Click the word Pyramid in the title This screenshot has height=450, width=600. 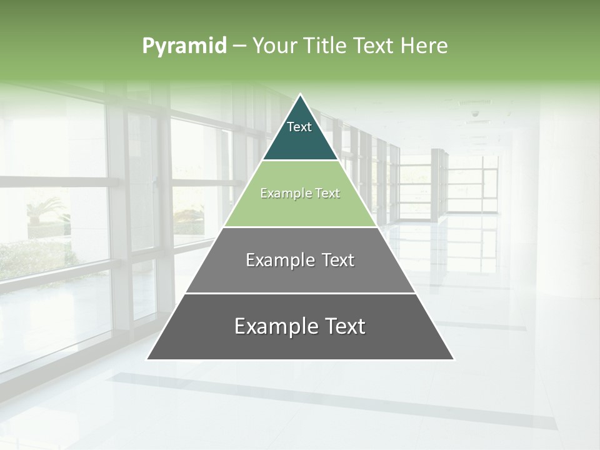coord(184,46)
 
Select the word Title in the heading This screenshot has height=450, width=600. coord(324,46)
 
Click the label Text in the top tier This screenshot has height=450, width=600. coord(299,127)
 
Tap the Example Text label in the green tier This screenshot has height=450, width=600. coord(300,194)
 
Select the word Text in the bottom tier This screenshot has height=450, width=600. coord(344,326)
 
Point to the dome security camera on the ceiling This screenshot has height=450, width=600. coord(475,114)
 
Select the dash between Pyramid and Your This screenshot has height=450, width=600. coord(239,46)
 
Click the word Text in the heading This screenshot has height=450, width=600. coord(374,46)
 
